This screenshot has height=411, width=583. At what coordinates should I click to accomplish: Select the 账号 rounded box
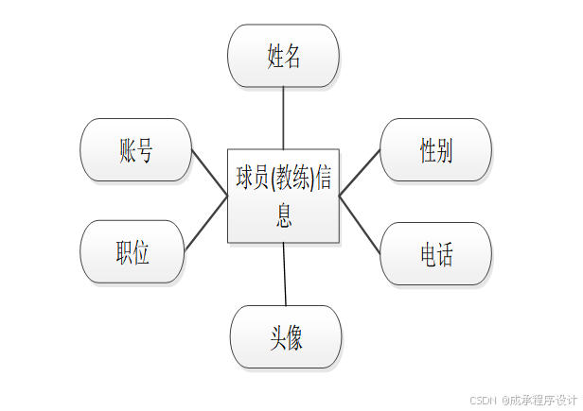coord(136,150)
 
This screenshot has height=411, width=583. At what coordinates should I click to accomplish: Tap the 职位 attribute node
coord(132,251)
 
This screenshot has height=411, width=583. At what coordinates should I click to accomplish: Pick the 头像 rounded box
coord(285,337)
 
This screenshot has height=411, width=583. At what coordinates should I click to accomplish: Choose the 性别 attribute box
coord(435,150)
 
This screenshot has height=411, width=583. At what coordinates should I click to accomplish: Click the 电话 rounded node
coord(435,253)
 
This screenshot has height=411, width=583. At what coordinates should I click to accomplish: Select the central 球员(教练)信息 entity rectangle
coord(283,195)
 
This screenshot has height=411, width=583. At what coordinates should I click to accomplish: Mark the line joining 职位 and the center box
coord(206,223)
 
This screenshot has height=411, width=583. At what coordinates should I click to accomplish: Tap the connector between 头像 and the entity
coord(285,274)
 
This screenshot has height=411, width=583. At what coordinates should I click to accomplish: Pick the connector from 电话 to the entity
coord(360,225)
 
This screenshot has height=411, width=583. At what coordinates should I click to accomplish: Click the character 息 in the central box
coord(284,216)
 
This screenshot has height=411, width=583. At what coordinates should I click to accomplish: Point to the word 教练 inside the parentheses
coord(291,178)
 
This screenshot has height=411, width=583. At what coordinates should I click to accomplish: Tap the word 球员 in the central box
coord(253,178)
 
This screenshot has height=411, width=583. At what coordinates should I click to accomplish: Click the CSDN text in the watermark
coord(484,400)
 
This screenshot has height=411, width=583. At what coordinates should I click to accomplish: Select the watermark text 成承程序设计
coord(542,400)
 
